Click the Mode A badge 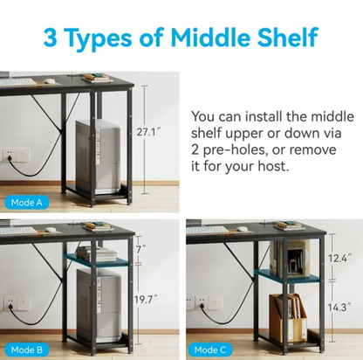click(26, 202)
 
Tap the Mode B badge click(26, 350)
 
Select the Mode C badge click(210, 350)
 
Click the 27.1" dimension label click(148, 132)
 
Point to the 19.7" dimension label click(146, 299)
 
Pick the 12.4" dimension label click(339, 258)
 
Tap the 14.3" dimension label click(339, 307)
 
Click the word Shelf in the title click(287, 38)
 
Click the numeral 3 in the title click(51, 38)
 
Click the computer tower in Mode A click(98, 156)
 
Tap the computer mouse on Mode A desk click(50, 81)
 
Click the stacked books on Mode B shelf click(97, 253)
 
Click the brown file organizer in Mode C click(288, 317)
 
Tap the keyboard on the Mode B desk click(18, 230)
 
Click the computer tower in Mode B click(99, 305)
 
